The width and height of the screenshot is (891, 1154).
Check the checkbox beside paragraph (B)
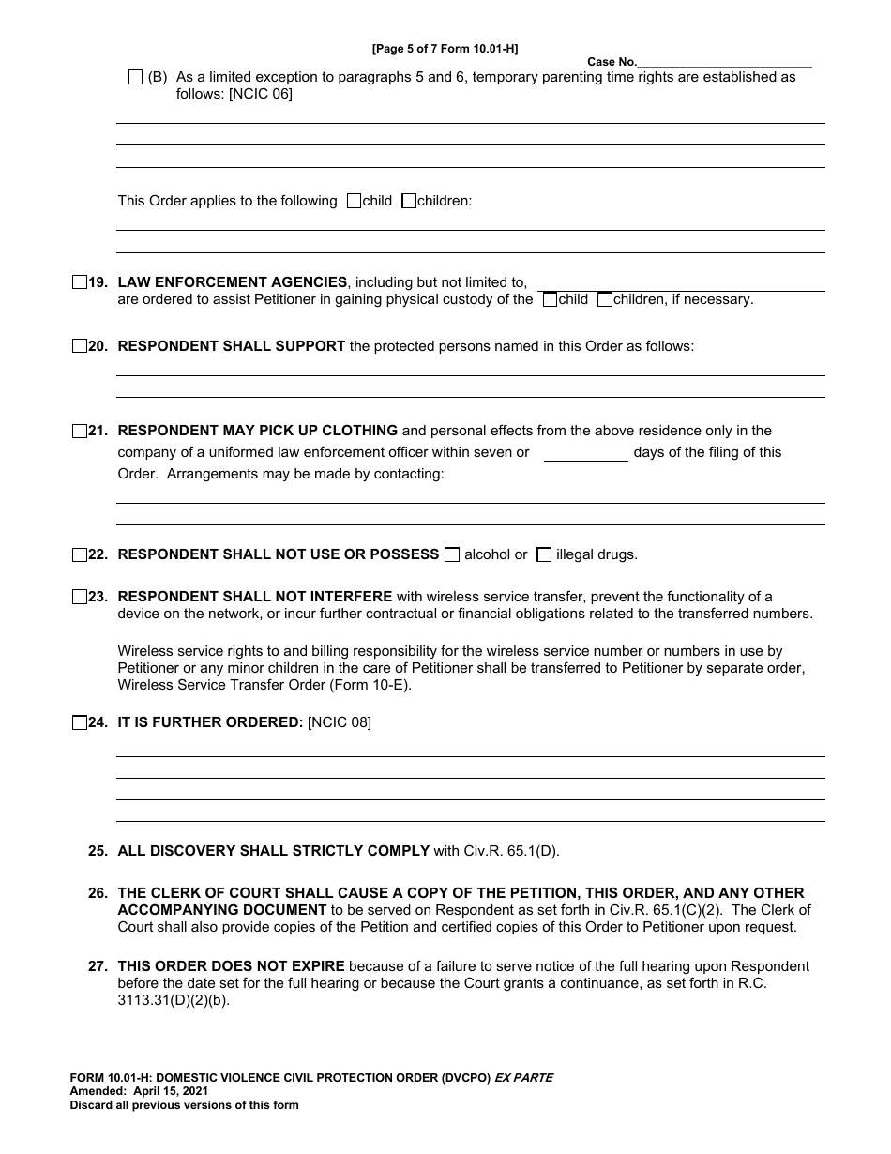coord(135,77)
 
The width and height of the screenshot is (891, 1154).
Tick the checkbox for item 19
coord(79,281)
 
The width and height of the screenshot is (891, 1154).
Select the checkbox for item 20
coord(79,346)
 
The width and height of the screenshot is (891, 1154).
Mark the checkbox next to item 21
coord(79,432)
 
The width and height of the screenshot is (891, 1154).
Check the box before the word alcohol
coord(452,554)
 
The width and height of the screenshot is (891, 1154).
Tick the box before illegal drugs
coord(544,554)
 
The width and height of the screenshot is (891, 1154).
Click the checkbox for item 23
coord(79,597)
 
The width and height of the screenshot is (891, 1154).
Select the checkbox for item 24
coord(79,722)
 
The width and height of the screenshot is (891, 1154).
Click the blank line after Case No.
coord(724,62)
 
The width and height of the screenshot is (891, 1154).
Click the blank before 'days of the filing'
coord(586,453)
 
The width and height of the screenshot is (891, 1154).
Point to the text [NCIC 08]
coord(340,722)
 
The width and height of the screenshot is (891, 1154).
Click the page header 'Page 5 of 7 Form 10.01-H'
coord(445,48)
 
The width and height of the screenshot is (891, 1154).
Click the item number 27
coord(98,966)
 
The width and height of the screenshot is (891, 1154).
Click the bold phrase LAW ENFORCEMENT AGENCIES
coord(232,281)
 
